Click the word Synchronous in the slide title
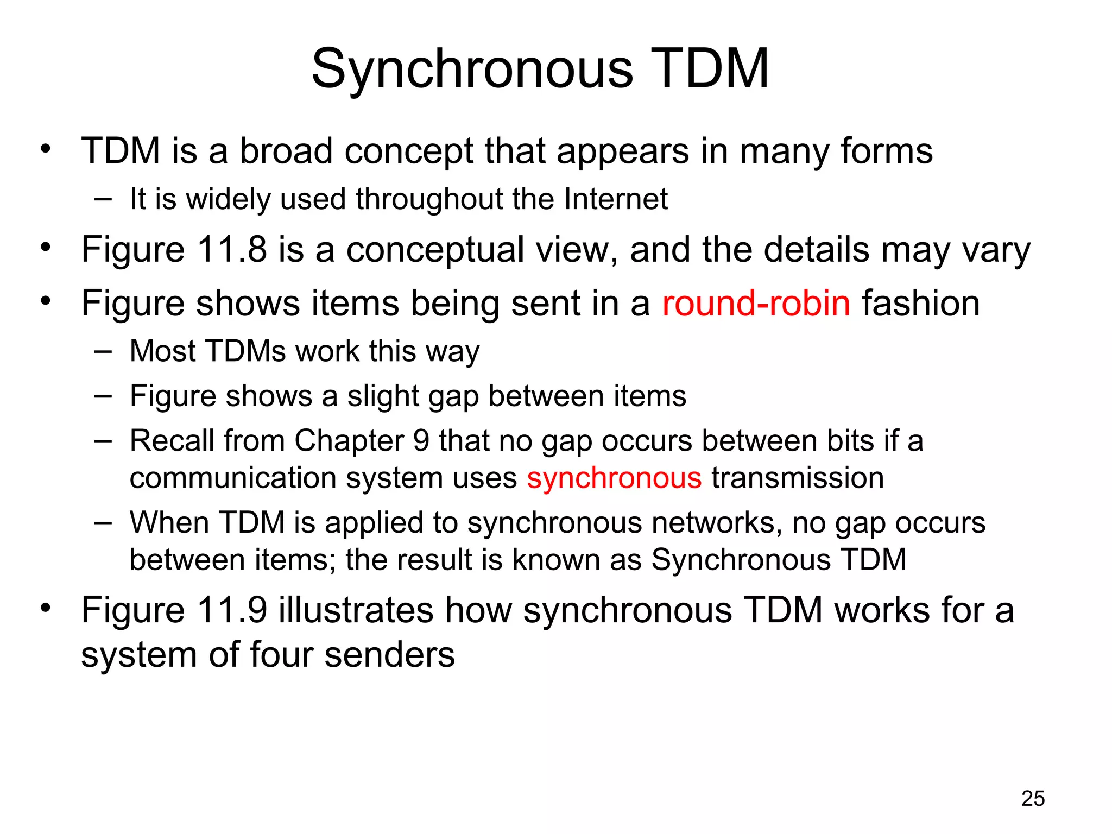[x=472, y=69]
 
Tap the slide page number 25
[x=1033, y=798]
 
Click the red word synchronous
[x=614, y=478]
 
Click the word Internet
[x=616, y=199]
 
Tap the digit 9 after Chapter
[x=421, y=440]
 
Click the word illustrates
[x=356, y=610]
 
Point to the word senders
[x=389, y=655]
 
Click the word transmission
[x=798, y=478]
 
